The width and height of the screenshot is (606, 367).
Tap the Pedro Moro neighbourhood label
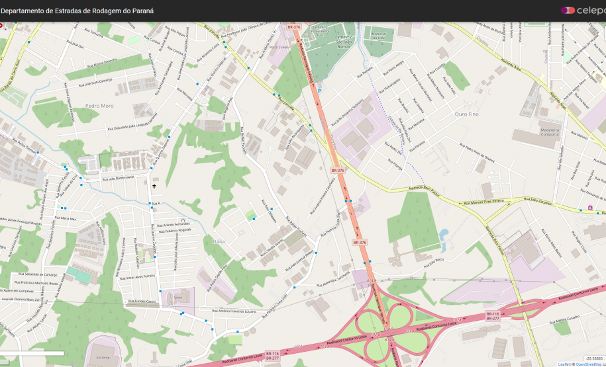point(99,106)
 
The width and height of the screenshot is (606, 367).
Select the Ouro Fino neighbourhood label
point(466,114)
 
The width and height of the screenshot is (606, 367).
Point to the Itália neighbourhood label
point(219,241)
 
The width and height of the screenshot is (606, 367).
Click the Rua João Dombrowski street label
point(118,177)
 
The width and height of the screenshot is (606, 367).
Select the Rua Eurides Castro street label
point(142,302)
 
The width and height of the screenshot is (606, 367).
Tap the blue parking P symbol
point(320,91)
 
